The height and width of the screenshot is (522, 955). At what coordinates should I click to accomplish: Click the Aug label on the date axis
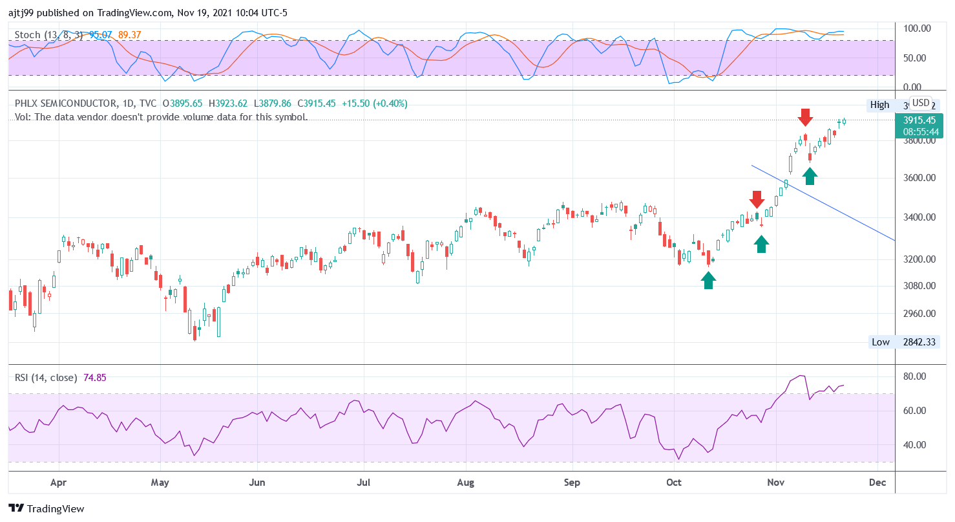pos(465,483)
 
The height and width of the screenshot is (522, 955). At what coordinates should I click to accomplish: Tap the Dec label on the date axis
pos(877,483)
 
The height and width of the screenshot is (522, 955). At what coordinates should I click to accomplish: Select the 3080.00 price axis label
pos(918,286)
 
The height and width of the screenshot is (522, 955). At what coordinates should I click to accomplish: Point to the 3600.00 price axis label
pos(918,178)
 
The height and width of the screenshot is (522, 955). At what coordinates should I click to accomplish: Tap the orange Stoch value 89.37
pos(130,35)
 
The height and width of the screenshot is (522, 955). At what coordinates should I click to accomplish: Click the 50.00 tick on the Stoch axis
pos(916,58)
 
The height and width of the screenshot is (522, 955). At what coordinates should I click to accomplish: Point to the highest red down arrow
pos(804,118)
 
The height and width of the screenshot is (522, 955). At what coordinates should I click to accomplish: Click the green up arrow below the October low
pos(709,279)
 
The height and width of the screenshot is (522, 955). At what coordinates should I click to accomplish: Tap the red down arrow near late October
pos(757,199)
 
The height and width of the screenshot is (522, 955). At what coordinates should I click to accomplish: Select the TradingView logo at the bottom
pos(47,509)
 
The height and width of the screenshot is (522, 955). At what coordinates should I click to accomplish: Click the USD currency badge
pos(920,103)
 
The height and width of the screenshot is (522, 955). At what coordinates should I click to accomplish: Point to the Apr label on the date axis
pos(58,483)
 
